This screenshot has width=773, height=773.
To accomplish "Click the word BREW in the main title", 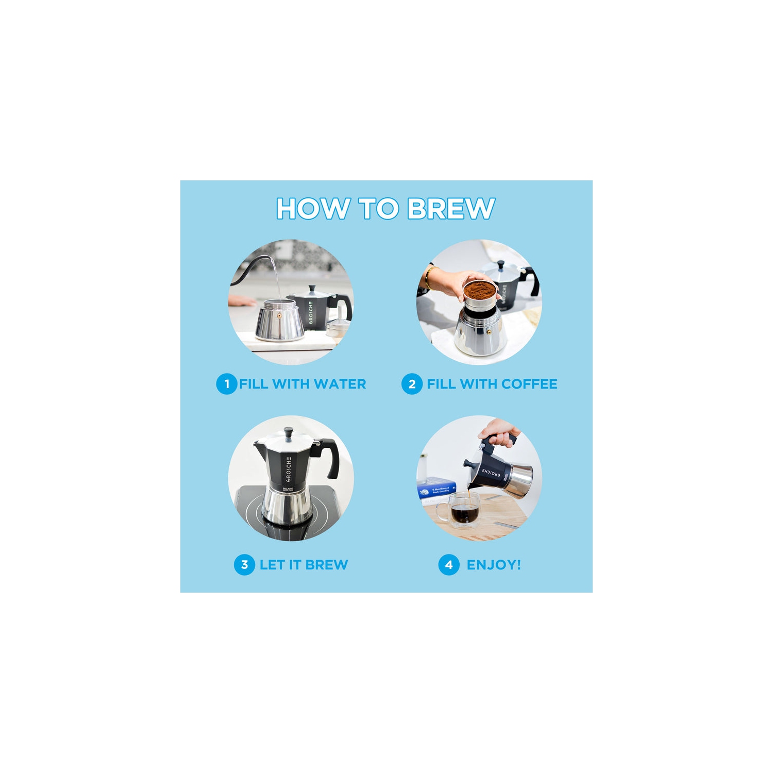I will pos(451,209).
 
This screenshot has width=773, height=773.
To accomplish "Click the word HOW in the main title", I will pos(312,209).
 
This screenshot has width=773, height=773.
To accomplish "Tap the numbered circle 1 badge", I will pos(226,384).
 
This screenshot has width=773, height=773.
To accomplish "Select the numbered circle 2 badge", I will pos(412,384).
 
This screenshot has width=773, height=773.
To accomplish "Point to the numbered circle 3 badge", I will pos(244,565).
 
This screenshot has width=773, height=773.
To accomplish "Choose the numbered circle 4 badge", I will pos(449,565).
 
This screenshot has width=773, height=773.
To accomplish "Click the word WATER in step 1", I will pos(340,384).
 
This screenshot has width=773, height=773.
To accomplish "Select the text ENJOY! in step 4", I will pos(493,565).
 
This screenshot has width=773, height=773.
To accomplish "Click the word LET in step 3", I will pos(272,565).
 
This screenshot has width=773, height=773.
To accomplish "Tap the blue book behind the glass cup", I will pos(436,488).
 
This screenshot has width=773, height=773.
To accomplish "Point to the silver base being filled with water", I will pos(280,322).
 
